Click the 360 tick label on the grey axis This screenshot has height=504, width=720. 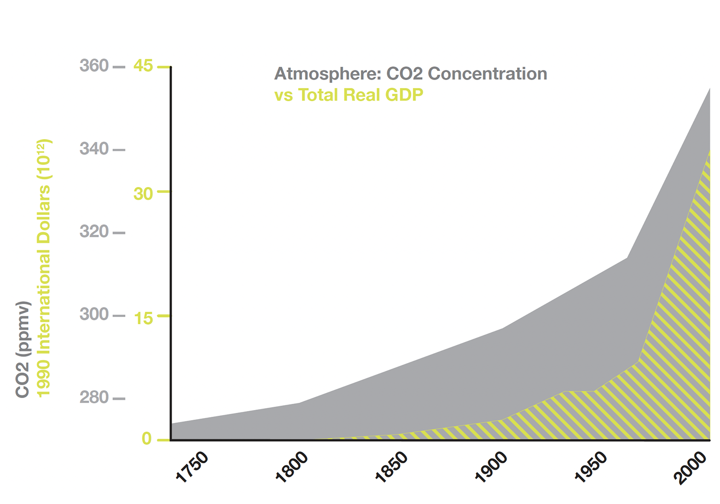point(94,66)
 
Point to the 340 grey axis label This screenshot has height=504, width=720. point(94,149)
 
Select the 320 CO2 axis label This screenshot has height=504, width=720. point(94,232)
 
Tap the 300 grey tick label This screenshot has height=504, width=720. point(94,315)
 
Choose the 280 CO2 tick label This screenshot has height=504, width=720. point(94,398)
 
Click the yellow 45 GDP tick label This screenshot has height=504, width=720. point(143,66)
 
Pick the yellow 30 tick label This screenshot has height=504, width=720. point(143,194)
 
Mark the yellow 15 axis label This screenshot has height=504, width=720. point(144,318)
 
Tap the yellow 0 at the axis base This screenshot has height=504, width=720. point(147,439)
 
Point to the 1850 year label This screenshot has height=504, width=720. point(392,468)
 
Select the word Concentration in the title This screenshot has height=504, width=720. point(487,74)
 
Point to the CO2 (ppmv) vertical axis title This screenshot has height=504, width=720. point(23,349)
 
